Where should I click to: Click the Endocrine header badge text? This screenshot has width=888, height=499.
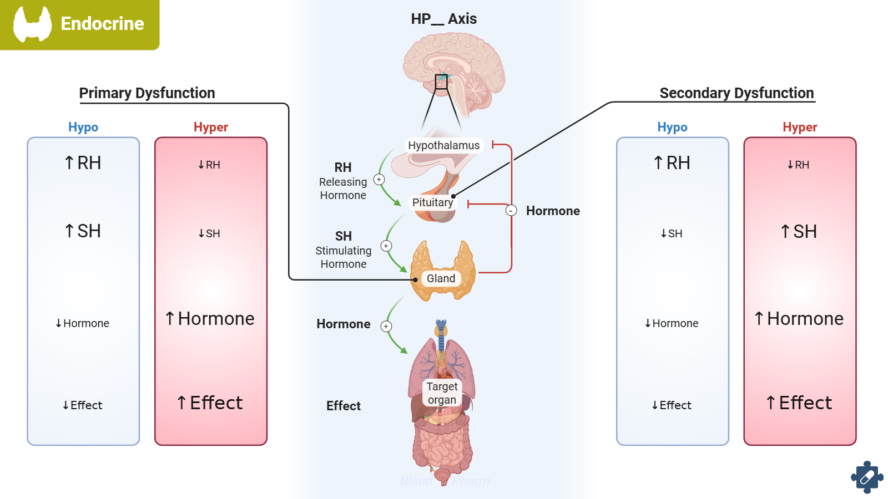[102, 24]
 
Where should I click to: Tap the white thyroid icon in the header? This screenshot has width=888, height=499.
[32, 24]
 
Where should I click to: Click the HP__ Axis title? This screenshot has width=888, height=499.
[443, 19]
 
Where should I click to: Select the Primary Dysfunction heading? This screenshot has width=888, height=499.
[147, 93]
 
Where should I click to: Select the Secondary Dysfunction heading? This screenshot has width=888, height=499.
[736, 93]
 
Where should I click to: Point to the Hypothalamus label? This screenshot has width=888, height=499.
[443, 145]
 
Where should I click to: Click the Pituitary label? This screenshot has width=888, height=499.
[432, 202]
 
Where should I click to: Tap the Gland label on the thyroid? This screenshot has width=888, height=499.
[441, 278]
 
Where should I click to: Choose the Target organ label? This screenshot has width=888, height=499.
[442, 393]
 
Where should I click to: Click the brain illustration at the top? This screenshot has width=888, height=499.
[454, 69]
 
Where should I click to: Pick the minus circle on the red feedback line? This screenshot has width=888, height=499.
[511, 211]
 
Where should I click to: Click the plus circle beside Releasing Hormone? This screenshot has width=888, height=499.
[379, 180]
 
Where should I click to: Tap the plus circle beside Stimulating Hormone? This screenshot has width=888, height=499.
[386, 246]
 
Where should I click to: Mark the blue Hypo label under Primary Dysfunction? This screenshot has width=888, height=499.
[83, 127]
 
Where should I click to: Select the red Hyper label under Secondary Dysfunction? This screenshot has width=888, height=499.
[800, 127]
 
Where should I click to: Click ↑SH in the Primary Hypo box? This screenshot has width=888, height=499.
[83, 231]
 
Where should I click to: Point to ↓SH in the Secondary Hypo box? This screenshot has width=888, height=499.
[672, 233]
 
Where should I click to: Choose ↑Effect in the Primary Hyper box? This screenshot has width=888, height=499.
[210, 403]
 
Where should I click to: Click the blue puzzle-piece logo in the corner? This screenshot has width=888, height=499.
[867, 477]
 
